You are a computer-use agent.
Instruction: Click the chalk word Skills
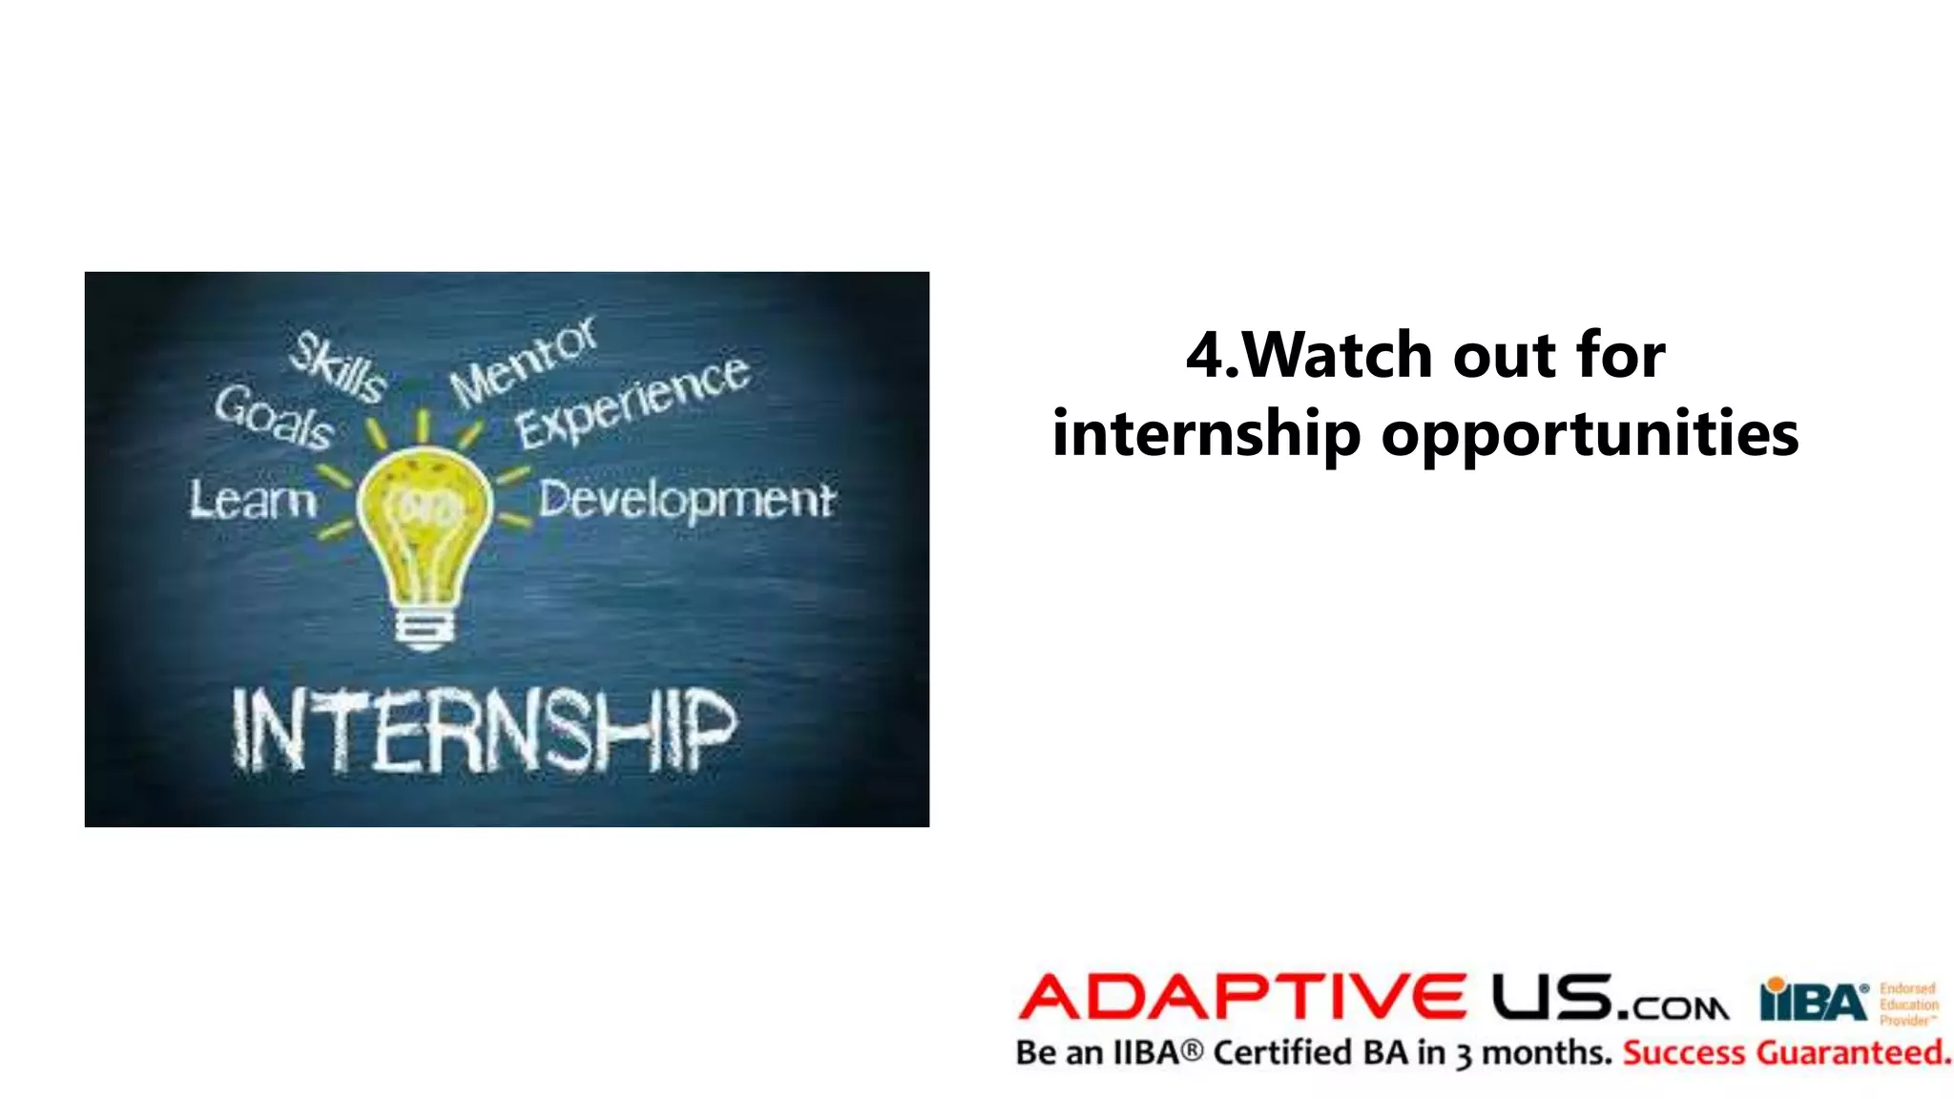pyautogui.click(x=338, y=366)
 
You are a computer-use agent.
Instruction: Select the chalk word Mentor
pyautogui.click(x=524, y=360)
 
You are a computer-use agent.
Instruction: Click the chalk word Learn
pyautogui.click(x=252, y=500)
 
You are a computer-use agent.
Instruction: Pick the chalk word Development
pyautogui.click(x=686, y=500)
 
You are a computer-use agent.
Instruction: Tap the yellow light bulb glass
pyautogui.click(x=425, y=520)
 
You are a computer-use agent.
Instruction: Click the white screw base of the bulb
pyautogui.click(x=426, y=629)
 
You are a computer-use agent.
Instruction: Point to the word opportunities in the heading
pyautogui.click(x=1590, y=434)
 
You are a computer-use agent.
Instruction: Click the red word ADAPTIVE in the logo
pyautogui.click(x=1242, y=997)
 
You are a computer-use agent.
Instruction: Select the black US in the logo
pyautogui.click(x=1552, y=997)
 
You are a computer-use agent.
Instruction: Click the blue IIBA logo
pyautogui.click(x=1814, y=1001)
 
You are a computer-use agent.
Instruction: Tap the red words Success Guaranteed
pyautogui.click(x=1786, y=1053)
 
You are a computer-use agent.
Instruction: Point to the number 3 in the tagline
pyautogui.click(x=1464, y=1055)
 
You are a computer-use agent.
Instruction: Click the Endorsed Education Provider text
pyautogui.click(x=1908, y=1005)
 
